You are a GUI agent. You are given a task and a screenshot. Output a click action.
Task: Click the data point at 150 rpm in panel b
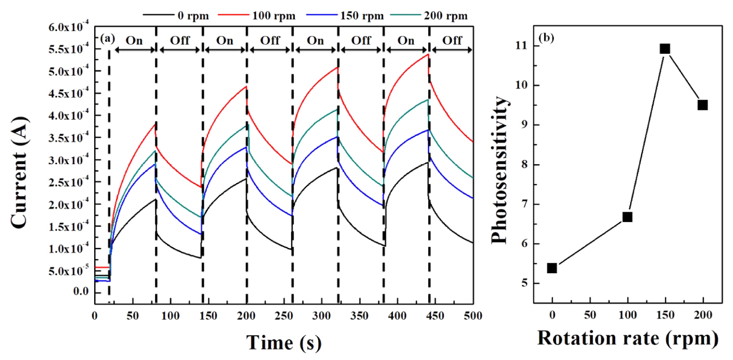[665, 49]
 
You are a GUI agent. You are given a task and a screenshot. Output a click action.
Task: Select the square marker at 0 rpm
[552, 268]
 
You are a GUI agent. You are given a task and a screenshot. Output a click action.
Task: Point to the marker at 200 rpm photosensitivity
[702, 105]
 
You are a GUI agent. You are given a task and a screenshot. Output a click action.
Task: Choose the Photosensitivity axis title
[499, 169]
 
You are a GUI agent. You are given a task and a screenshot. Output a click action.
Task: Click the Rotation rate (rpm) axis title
[627, 338]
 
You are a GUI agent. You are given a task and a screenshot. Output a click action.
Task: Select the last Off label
[452, 41]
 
